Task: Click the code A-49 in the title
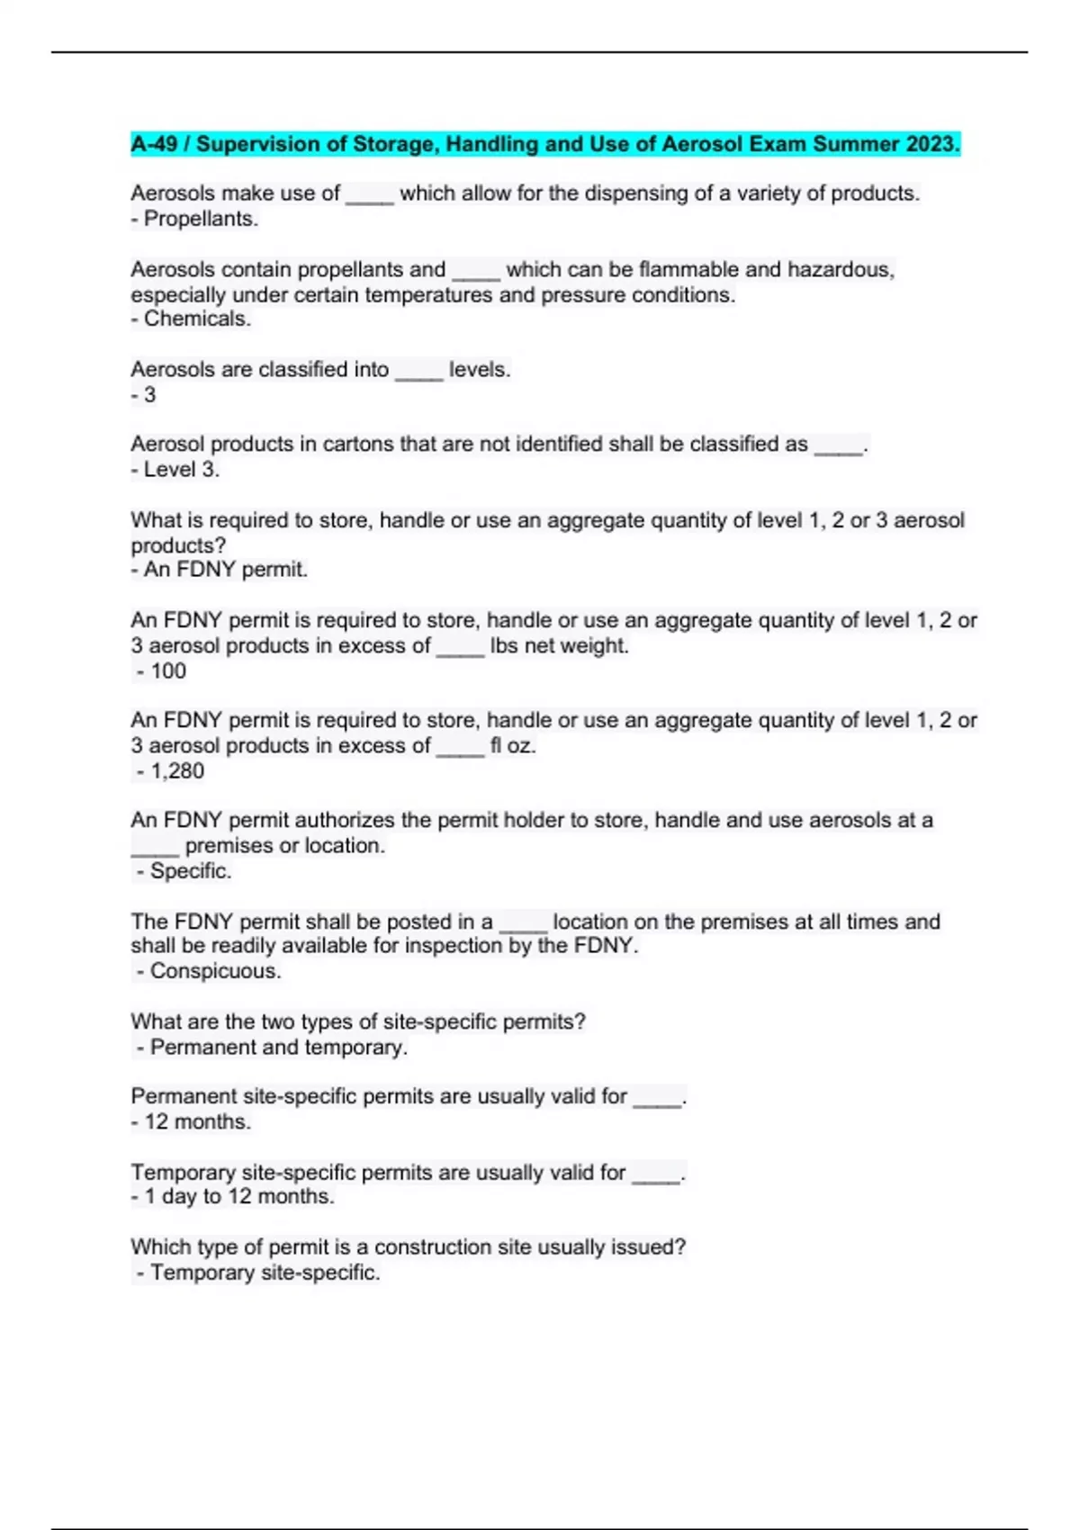155,144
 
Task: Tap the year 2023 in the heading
932,144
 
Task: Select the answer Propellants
201,219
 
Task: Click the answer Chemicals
197,319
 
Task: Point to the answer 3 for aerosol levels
149,394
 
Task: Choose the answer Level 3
181,469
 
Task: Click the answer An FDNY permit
225,569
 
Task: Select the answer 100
168,670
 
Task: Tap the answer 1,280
177,770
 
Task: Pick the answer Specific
190,870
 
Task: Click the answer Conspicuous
215,970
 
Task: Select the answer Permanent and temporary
278,1047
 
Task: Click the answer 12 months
197,1121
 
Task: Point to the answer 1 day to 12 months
238,1196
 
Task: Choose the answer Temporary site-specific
265,1272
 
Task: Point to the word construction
454,1246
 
